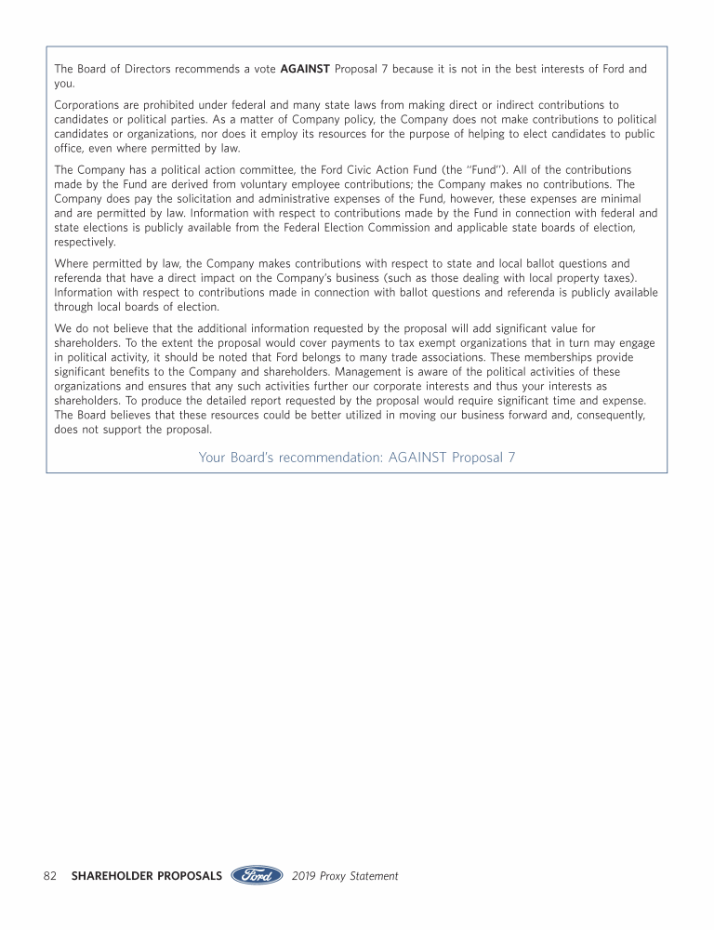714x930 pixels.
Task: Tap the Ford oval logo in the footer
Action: tap(257, 875)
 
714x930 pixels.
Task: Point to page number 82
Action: tap(50, 876)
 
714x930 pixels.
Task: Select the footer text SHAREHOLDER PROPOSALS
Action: tap(146, 876)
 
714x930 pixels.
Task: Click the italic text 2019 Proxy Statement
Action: tap(345, 876)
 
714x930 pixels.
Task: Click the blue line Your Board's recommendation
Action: tap(357, 457)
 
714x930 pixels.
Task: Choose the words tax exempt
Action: tap(364, 343)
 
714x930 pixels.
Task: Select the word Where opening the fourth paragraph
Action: tap(72, 263)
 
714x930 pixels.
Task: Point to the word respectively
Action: tap(85, 242)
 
